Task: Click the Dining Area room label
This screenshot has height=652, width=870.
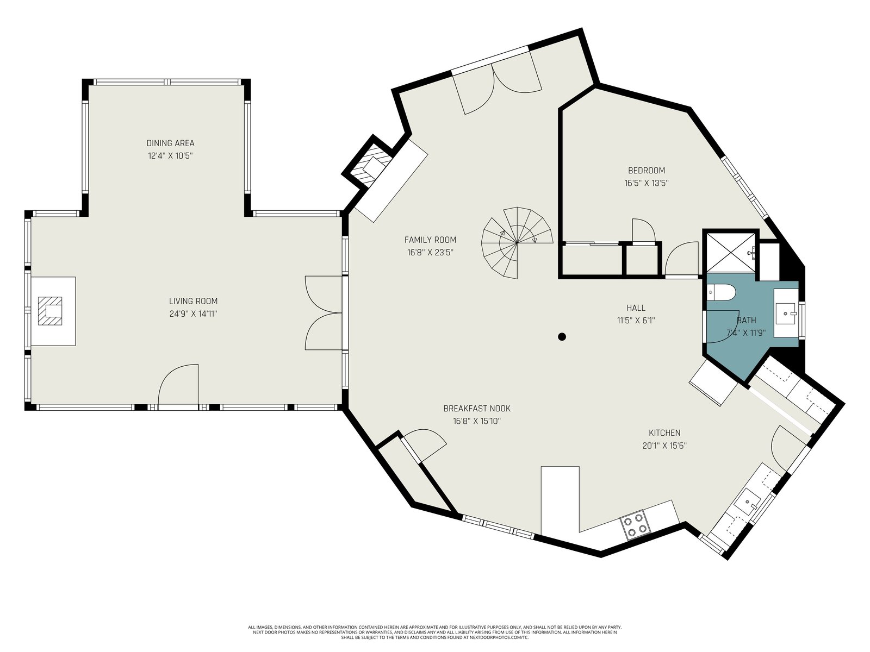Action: tap(170, 143)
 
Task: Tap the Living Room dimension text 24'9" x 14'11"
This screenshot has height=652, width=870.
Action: tap(193, 314)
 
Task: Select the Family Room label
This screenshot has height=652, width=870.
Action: tap(430, 240)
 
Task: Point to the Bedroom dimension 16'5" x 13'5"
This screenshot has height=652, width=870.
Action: tap(647, 183)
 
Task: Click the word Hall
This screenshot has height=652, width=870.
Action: tap(636, 308)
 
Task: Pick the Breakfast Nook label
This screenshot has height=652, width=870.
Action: tap(477, 408)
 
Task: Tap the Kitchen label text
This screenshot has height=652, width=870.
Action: tap(664, 432)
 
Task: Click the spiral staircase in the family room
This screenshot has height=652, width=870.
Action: tap(517, 243)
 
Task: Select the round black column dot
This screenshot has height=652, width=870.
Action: tap(562, 337)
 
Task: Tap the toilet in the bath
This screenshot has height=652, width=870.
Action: tap(721, 293)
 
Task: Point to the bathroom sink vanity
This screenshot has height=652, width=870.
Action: tap(786, 313)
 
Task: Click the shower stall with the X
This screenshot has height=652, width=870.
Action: tap(731, 252)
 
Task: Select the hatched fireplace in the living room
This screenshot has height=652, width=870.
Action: tap(50, 311)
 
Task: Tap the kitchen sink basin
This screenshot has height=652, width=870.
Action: tap(747, 501)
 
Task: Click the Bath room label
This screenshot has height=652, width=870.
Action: tap(747, 320)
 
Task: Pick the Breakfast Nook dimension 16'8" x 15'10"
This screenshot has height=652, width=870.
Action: tap(477, 421)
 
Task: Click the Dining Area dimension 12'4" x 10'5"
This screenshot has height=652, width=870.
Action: tap(170, 155)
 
